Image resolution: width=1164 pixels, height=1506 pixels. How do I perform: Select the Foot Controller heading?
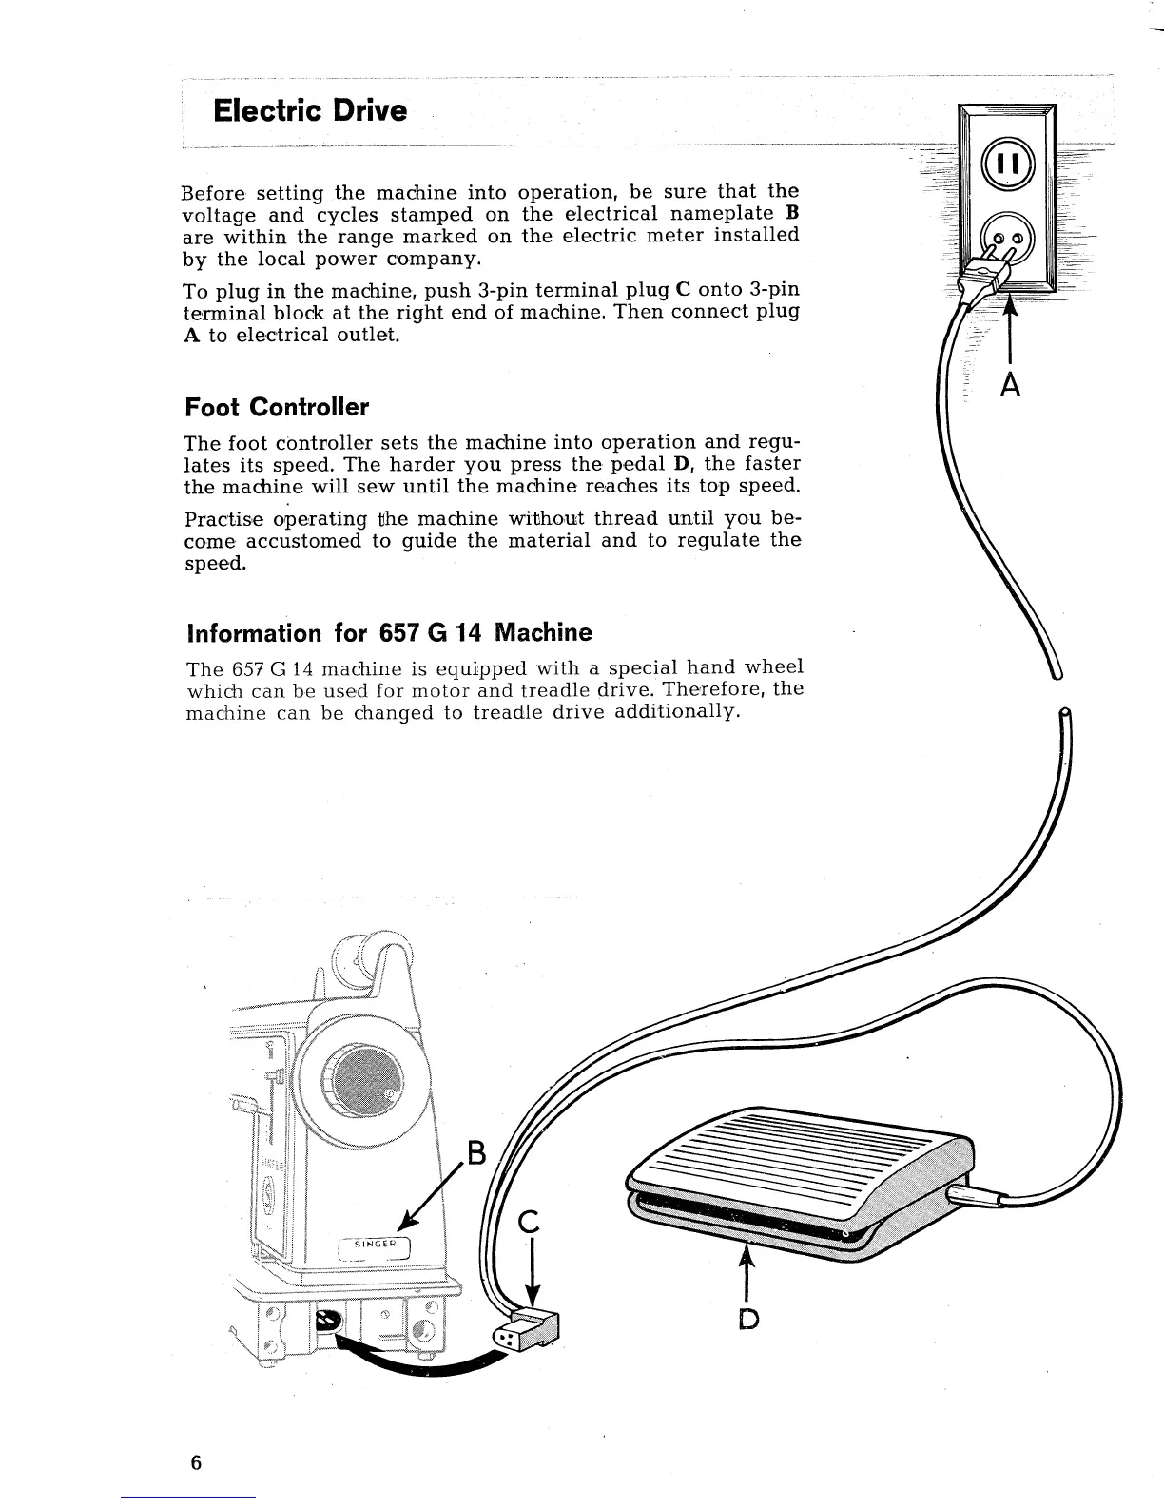point(276,408)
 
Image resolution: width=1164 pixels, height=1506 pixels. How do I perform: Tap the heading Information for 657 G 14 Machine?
point(389,633)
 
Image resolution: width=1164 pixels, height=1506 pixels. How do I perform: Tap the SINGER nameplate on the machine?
point(375,1246)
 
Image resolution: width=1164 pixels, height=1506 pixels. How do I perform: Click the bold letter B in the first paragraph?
point(791,213)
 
